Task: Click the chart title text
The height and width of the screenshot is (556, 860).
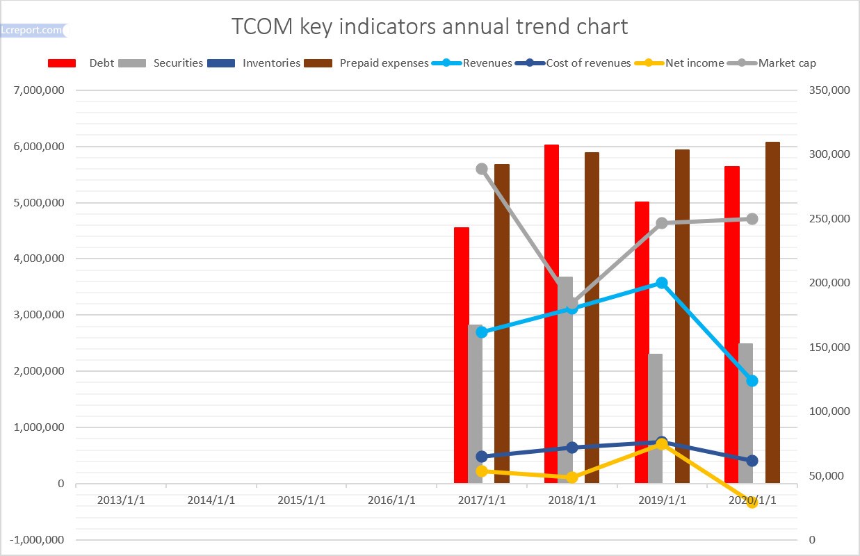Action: coord(430,26)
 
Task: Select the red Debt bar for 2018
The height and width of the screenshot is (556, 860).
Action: coord(551,313)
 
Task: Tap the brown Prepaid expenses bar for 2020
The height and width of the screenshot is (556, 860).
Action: coord(772,313)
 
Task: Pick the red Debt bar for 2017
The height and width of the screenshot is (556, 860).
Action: coord(462,354)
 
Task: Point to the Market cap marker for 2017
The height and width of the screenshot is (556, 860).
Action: coord(482,169)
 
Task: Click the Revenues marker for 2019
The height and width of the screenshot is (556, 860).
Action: coord(662,283)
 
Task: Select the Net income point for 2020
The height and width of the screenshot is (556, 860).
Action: coord(752,502)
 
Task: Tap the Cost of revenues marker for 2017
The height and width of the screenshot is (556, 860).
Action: coord(482,457)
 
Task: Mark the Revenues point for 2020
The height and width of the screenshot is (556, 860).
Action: coord(752,381)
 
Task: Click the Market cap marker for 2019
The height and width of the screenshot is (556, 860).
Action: coord(662,223)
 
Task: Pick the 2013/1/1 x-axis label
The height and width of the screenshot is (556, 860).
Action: coord(122,500)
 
